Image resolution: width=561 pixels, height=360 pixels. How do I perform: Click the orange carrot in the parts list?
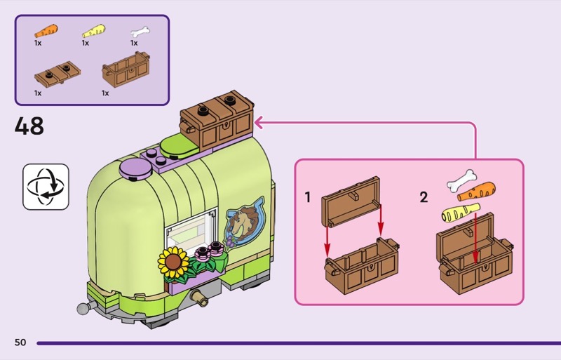pyautogui.click(x=46, y=31)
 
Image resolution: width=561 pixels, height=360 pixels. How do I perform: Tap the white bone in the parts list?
pyautogui.click(x=140, y=32)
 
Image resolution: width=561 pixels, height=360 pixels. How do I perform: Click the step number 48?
pyautogui.click(x=29, y=126)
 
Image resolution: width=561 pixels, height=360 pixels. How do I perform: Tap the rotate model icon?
pyautogui.click(x=46, y=187)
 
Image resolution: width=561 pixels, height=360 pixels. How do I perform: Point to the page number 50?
pyautogui.click(x=20, y=342)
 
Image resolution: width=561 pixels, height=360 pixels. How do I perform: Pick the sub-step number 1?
pyautogui.click(x=308, y=198)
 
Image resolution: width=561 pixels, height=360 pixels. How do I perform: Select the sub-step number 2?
pyautogui.click(x=424, y=198)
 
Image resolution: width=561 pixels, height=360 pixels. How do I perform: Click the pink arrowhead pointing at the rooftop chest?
pyautogui.click(x=259, y=124)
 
